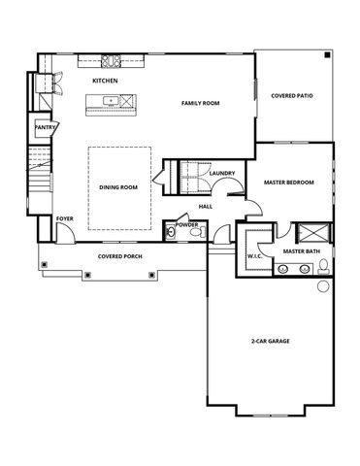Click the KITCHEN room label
(105, 81)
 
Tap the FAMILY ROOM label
(203, 102)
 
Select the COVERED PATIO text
(291, 96)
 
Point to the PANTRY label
(45, 126)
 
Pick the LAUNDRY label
(222, 173)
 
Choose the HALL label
(206, 206)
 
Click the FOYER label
(64, 219)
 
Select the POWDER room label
(186, 224)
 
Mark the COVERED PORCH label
(120, 257)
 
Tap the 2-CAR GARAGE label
(271, 341)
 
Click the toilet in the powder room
(194, 233)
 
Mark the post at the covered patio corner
(329, 55)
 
